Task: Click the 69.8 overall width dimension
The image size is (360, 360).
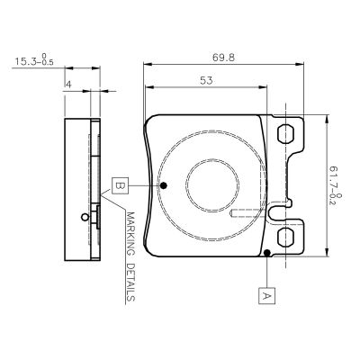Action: tap(224, 57)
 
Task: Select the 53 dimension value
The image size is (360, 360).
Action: tap(206, 81)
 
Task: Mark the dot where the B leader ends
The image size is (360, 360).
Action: tap(165, 186)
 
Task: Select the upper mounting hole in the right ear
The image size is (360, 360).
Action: tap(287, 134)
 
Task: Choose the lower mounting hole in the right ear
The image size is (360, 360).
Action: tap(287, 238)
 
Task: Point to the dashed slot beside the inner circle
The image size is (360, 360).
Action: tap(247, 215)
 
